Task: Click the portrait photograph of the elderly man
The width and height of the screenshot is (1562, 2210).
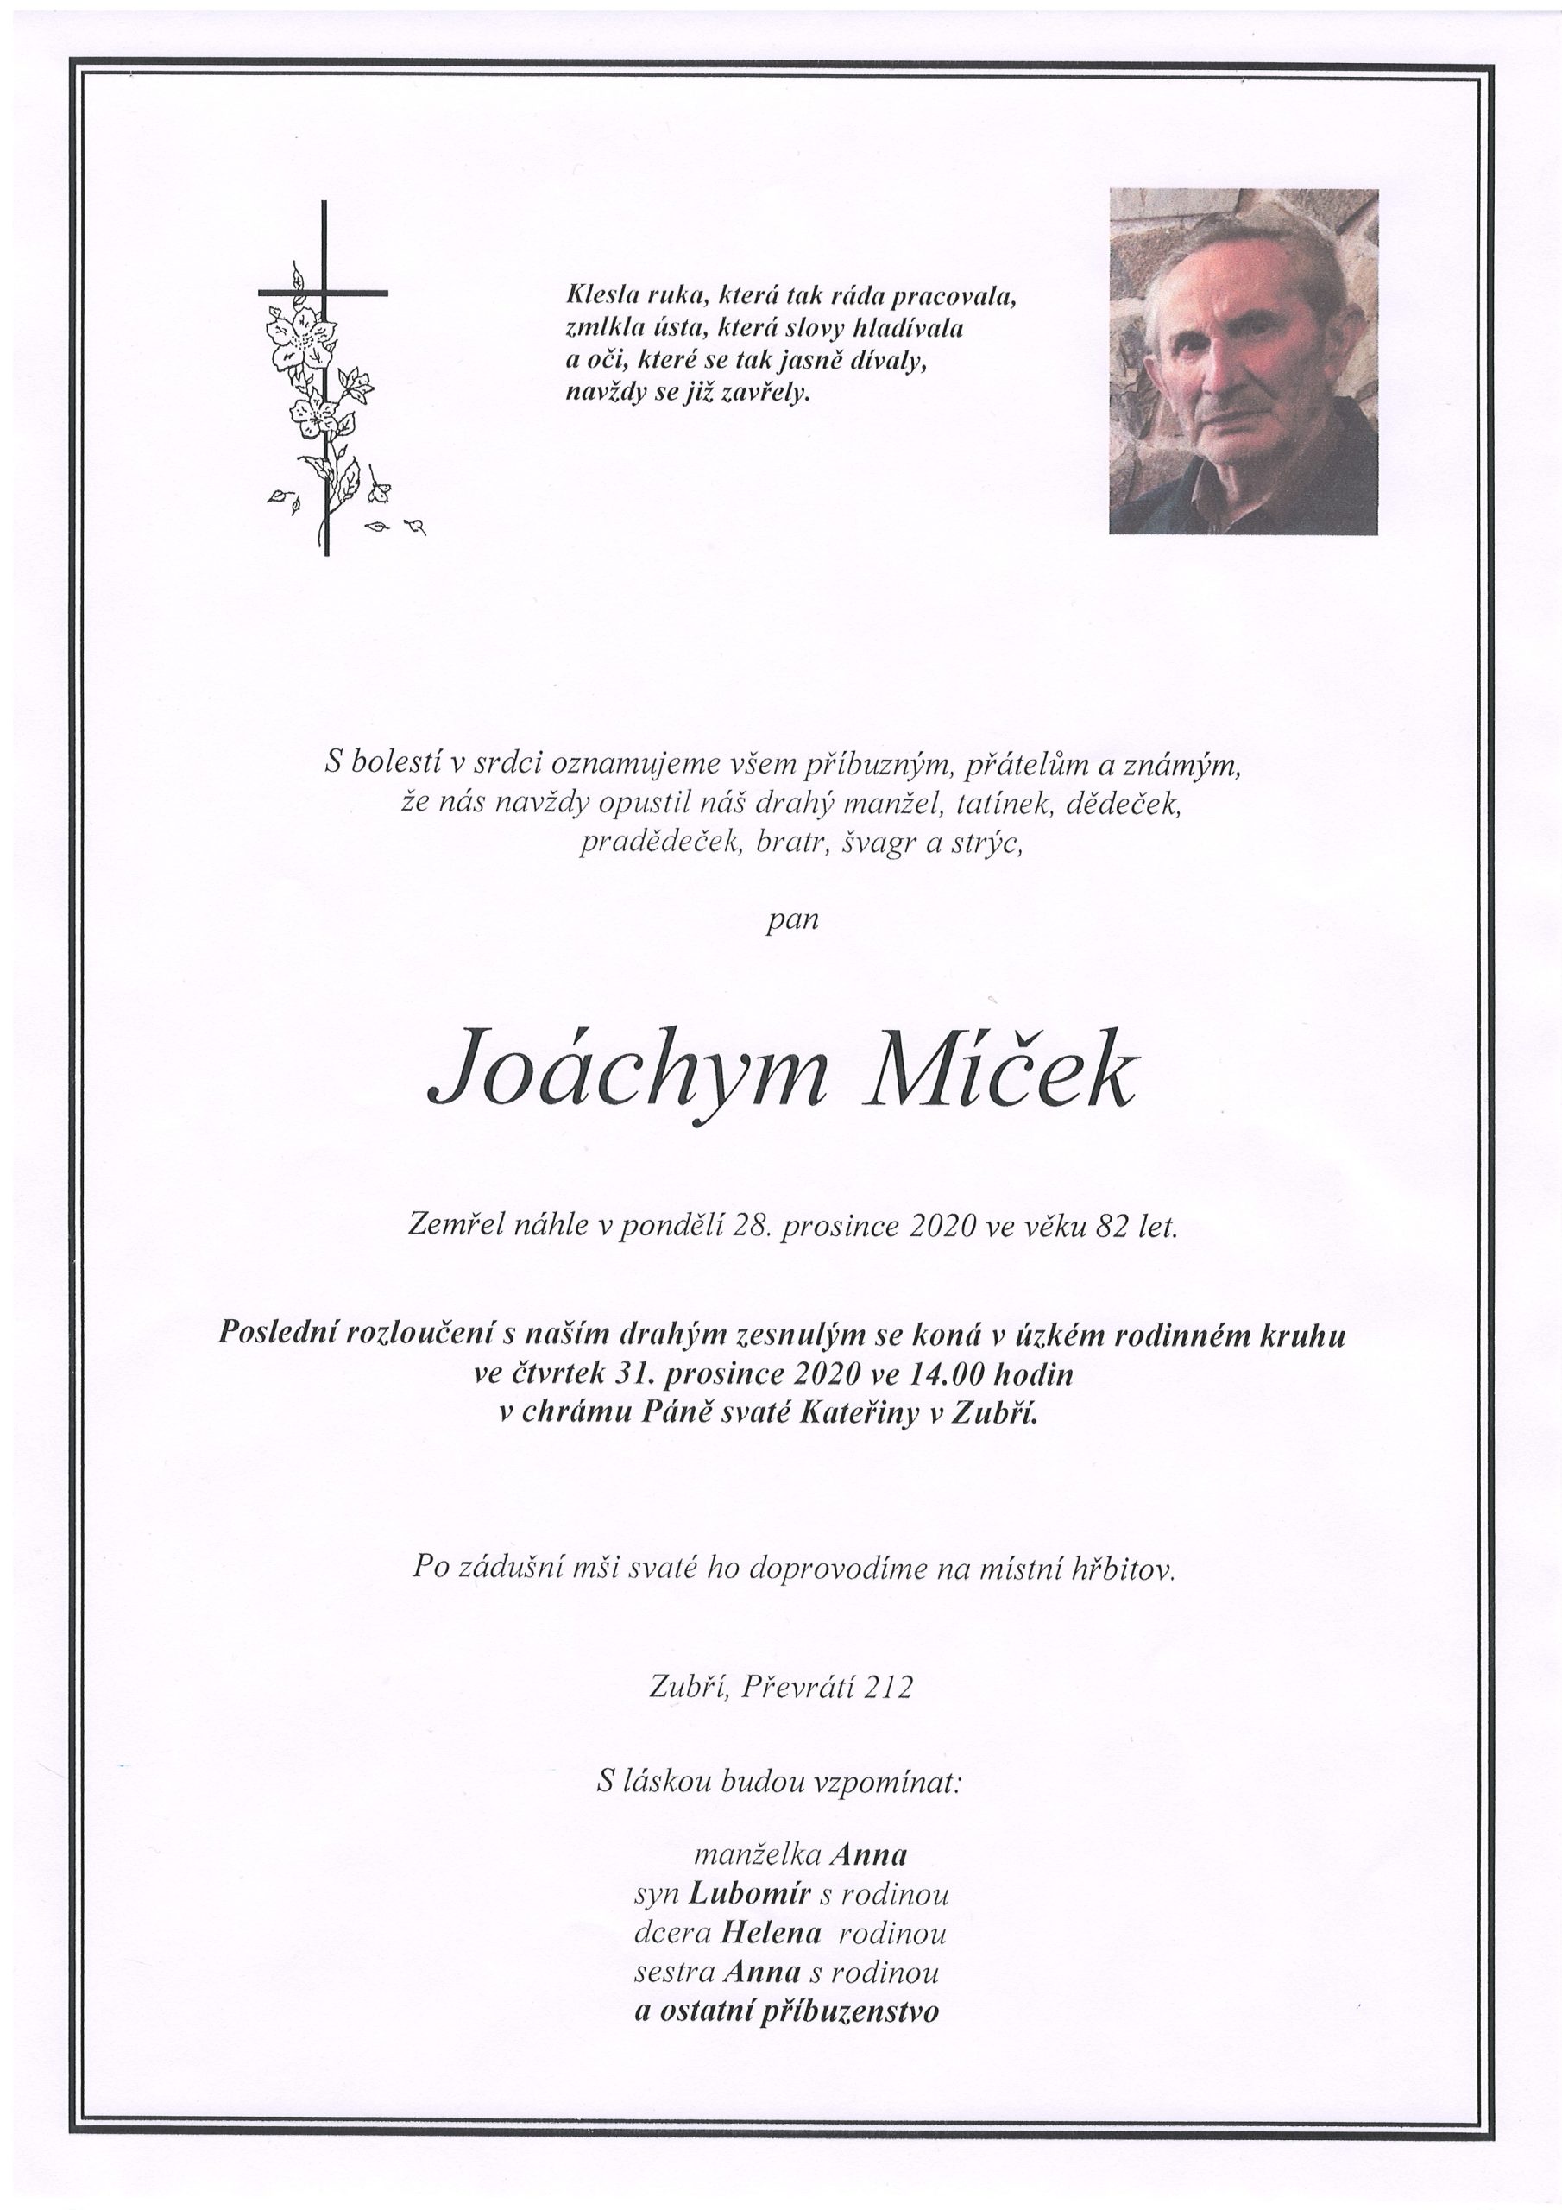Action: [1243, 361]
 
